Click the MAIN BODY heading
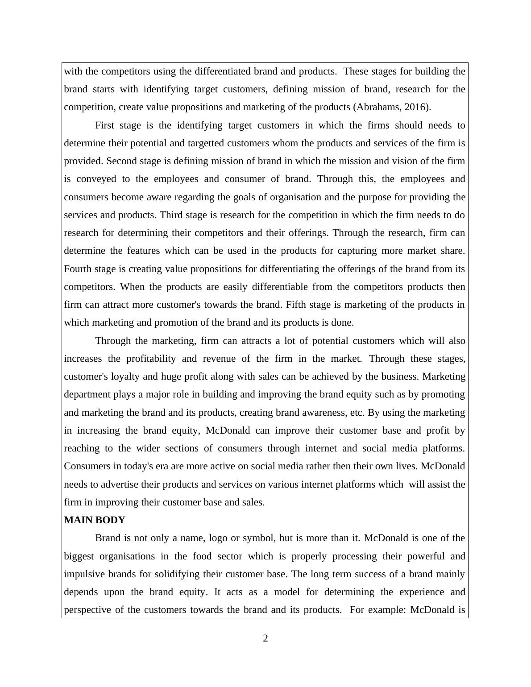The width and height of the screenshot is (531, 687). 95,520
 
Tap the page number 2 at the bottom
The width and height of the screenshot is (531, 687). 265,638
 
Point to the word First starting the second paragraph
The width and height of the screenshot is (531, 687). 105,125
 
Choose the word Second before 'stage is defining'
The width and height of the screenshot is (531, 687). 121,161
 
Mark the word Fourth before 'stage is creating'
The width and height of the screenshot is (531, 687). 79,269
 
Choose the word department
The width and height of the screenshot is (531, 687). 87,394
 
